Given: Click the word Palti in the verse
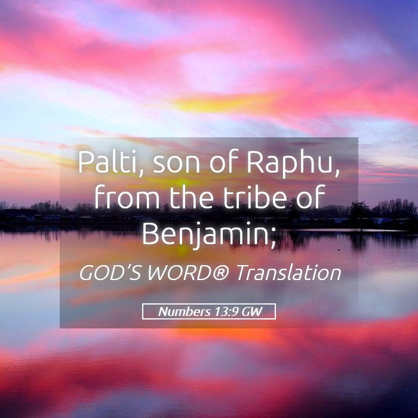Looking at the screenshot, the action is coord(108,162).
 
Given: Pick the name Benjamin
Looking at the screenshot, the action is coord(205,233).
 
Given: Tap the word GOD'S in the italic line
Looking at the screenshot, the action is coord(110,273).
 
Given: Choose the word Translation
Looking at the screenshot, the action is coord(288,273).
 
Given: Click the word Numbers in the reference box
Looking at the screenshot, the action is coord(184,311).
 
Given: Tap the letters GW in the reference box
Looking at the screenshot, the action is coord(251,311).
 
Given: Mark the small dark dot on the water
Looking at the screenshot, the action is coord(339,250).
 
